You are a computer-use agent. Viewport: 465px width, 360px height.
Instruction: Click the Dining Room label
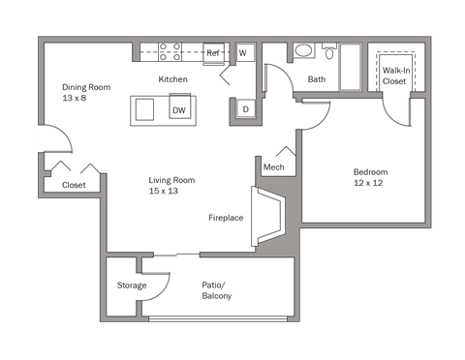pos(86,93)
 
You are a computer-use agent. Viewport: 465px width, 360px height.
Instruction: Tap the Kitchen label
pos(173,79)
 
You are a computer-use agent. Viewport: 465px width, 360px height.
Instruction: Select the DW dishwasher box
pos(179,109)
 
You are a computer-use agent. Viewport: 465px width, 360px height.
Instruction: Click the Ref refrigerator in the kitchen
pos(215,52)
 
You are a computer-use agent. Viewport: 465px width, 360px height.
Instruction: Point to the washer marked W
pos(244,52)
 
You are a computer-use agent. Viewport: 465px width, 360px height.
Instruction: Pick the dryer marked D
pos(245,109)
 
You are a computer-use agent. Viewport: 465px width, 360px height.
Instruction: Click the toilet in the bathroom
pos(329,52)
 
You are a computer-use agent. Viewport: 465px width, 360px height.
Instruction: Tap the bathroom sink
pos(303,51)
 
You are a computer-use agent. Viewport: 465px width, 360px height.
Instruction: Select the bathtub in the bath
pos(351,66)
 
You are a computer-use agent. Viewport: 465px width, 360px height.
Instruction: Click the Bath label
pos(317,79)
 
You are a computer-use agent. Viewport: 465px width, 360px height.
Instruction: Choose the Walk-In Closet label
pos(394,76)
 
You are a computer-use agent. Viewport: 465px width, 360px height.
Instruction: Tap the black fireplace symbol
pos(267,219)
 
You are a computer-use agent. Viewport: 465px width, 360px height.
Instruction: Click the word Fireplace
pos(226,218)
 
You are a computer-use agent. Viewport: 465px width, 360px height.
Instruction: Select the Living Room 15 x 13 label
pos(171,186)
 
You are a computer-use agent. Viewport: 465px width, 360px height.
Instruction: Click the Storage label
pos(132,285)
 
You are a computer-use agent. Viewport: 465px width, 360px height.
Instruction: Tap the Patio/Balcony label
pos(216,290)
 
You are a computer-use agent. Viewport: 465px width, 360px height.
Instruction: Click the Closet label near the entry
pos(74,185)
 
